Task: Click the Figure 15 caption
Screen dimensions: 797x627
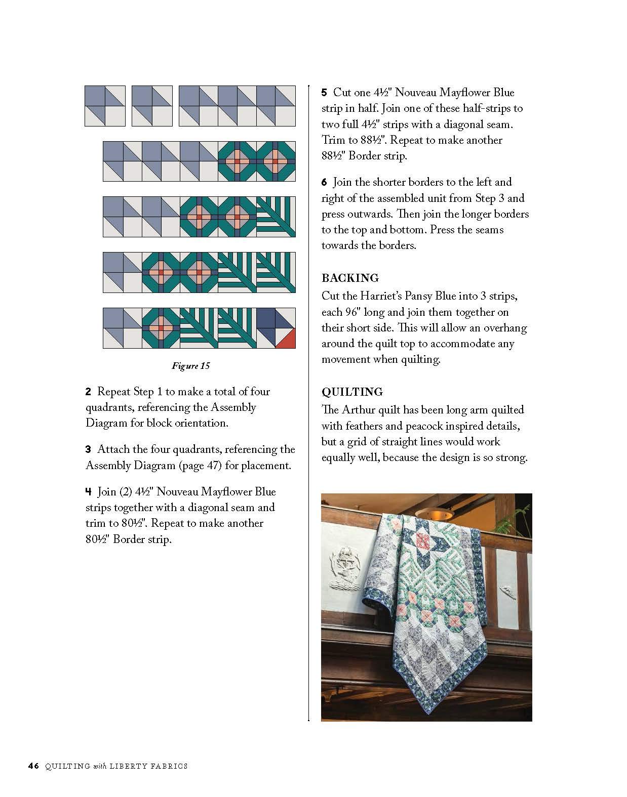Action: click(x=190, y=366)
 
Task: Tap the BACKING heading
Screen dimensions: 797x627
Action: click(x=350, y=278)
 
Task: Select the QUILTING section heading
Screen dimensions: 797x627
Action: click(x=352, y=392)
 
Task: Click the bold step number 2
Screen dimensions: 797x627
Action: click(x=88, y=392)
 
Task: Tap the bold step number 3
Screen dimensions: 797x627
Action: click(x=88, y=449)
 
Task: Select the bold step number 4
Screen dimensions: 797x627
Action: click(x=88, y=492)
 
